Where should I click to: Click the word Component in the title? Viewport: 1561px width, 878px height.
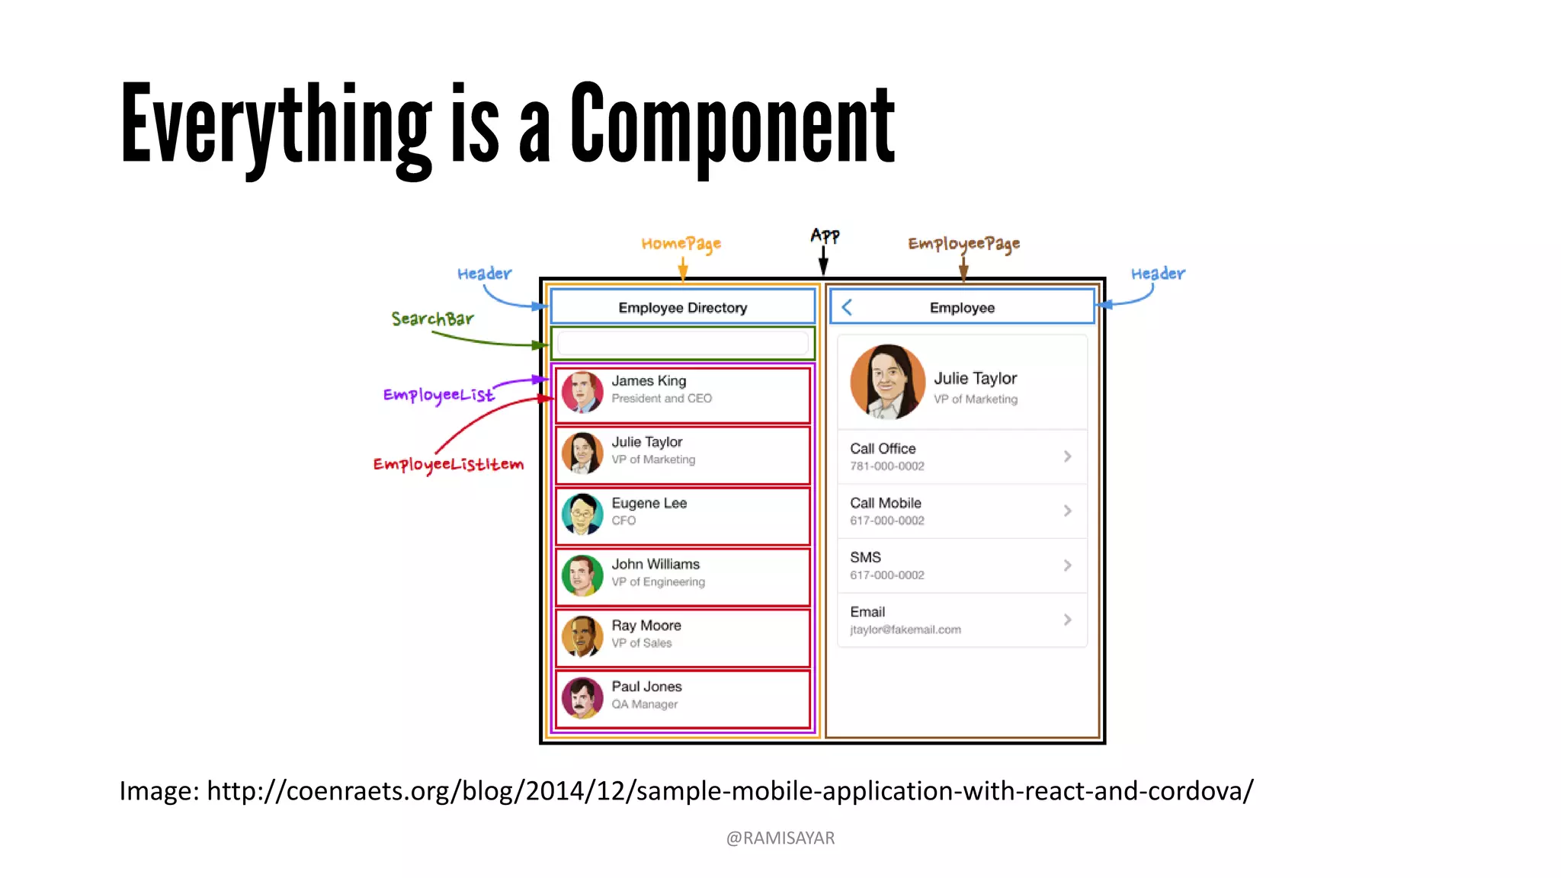[x=732, y=126]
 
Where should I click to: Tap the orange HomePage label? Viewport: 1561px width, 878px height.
[x=681, y=244]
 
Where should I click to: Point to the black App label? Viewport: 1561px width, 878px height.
[x=825, y=236]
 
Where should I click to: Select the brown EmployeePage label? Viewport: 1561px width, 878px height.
[x=963, y=244]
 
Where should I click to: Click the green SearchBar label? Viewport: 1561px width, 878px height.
[x=432, y=319]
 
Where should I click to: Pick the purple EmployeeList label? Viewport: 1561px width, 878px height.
[x=438, y=395]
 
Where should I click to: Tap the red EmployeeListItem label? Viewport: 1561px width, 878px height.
[x=448, y=464]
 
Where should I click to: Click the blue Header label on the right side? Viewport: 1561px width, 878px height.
[x=1157, y=274]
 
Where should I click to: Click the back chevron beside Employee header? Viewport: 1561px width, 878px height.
[x=847, y=307]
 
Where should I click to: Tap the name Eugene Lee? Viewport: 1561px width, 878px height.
[x=649, y=503]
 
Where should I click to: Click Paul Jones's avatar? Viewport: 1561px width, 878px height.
[x=582, y=698]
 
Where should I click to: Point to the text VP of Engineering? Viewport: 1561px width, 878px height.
[x=658, y=582]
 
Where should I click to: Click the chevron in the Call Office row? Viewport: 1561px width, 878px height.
[x=1067, y=457]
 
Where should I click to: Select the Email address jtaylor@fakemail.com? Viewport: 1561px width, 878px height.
[x=905, y=630]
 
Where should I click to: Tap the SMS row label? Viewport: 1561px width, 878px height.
[x=865, y=557]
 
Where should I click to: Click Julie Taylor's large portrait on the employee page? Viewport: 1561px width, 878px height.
[x=887, y=381]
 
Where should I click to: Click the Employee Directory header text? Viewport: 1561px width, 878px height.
[x=682, y=307]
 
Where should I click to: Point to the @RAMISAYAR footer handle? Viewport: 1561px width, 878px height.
[x=780, y=838]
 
